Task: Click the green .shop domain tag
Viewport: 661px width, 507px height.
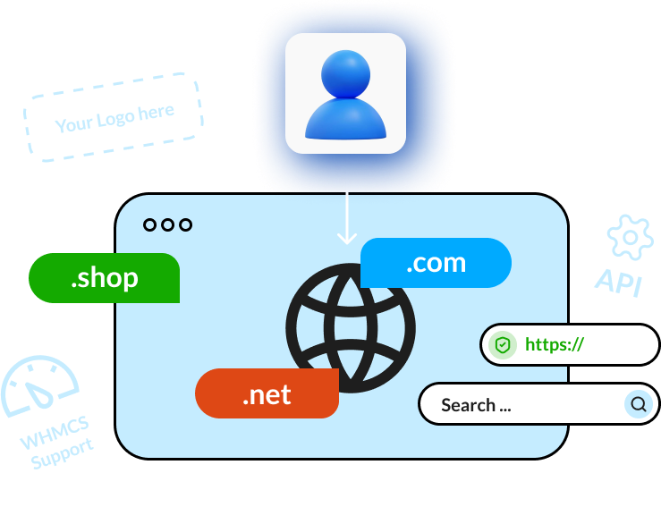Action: (x=105, y=278)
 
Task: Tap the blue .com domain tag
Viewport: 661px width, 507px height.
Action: (x=436, y=263)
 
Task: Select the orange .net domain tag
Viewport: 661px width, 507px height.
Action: (x=267, y=394)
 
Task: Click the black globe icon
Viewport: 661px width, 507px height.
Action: (x=351, y=327)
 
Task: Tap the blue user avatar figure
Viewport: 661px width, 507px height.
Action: (x=345, y=97)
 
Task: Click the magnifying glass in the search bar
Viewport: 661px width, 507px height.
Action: (x=638, y=404)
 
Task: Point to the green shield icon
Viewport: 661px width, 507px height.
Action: (x=503, y=345)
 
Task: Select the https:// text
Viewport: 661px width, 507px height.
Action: (x=554, y=344)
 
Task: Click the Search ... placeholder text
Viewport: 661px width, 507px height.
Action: (x=476, y=405)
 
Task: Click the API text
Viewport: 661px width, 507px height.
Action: (x=619, y=282)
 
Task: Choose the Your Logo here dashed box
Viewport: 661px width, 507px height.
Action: (x=114, y=118)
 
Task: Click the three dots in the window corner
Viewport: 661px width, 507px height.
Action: (x=167, y=224)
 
